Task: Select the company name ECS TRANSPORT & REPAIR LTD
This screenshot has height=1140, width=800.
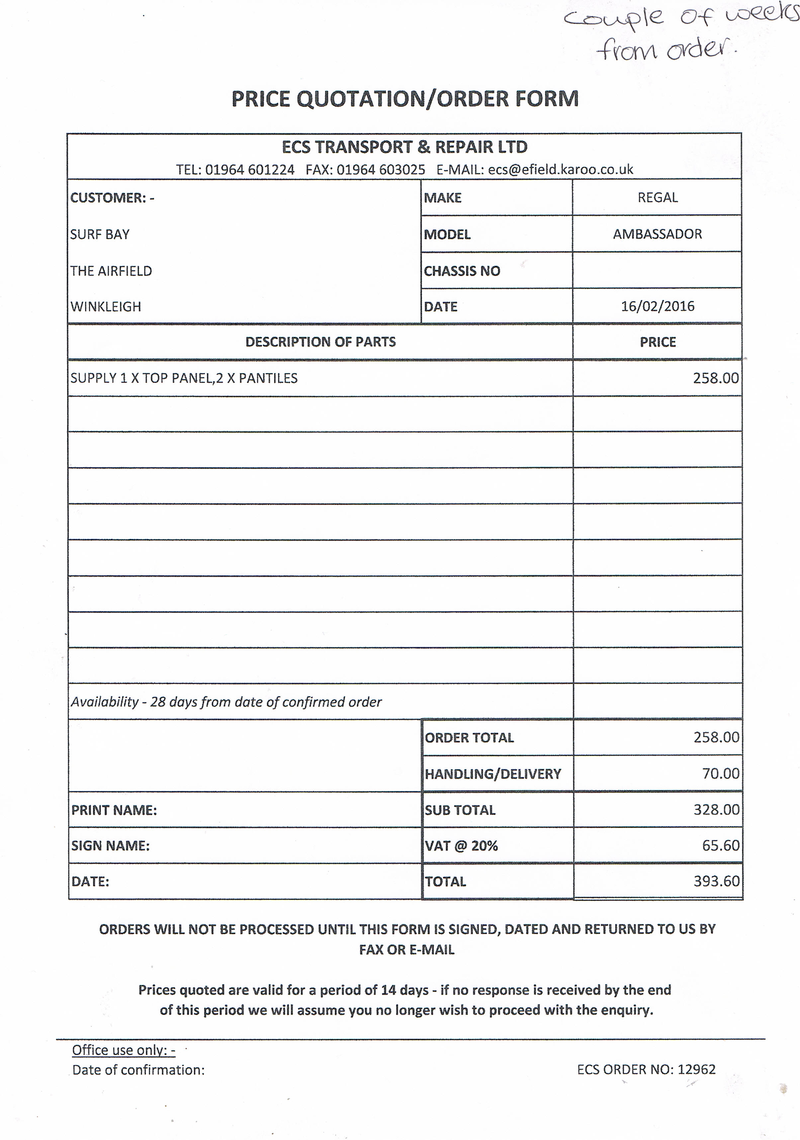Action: point(404,147)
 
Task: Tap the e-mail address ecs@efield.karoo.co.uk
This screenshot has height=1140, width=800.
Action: point(561,170)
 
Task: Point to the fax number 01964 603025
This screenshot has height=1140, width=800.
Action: point(381,170)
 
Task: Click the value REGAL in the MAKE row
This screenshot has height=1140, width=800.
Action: point(658,198)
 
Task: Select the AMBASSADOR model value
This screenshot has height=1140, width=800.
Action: point(658,234)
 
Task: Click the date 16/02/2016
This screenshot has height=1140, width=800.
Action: point(658,306)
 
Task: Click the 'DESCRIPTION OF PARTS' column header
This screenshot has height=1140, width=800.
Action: point(320,342)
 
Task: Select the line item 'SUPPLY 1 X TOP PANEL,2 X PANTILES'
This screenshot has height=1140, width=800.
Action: point(184,378)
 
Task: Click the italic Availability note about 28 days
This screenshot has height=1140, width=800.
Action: point(226,702)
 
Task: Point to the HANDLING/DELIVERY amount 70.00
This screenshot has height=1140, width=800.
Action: point(721,773)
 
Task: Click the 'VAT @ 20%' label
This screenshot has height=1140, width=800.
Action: point(461,846)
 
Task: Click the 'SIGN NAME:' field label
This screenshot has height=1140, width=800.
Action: point(110,846)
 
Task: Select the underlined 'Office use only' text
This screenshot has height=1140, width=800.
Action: point(124,1050)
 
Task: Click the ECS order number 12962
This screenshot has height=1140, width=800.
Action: point(697,1069)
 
